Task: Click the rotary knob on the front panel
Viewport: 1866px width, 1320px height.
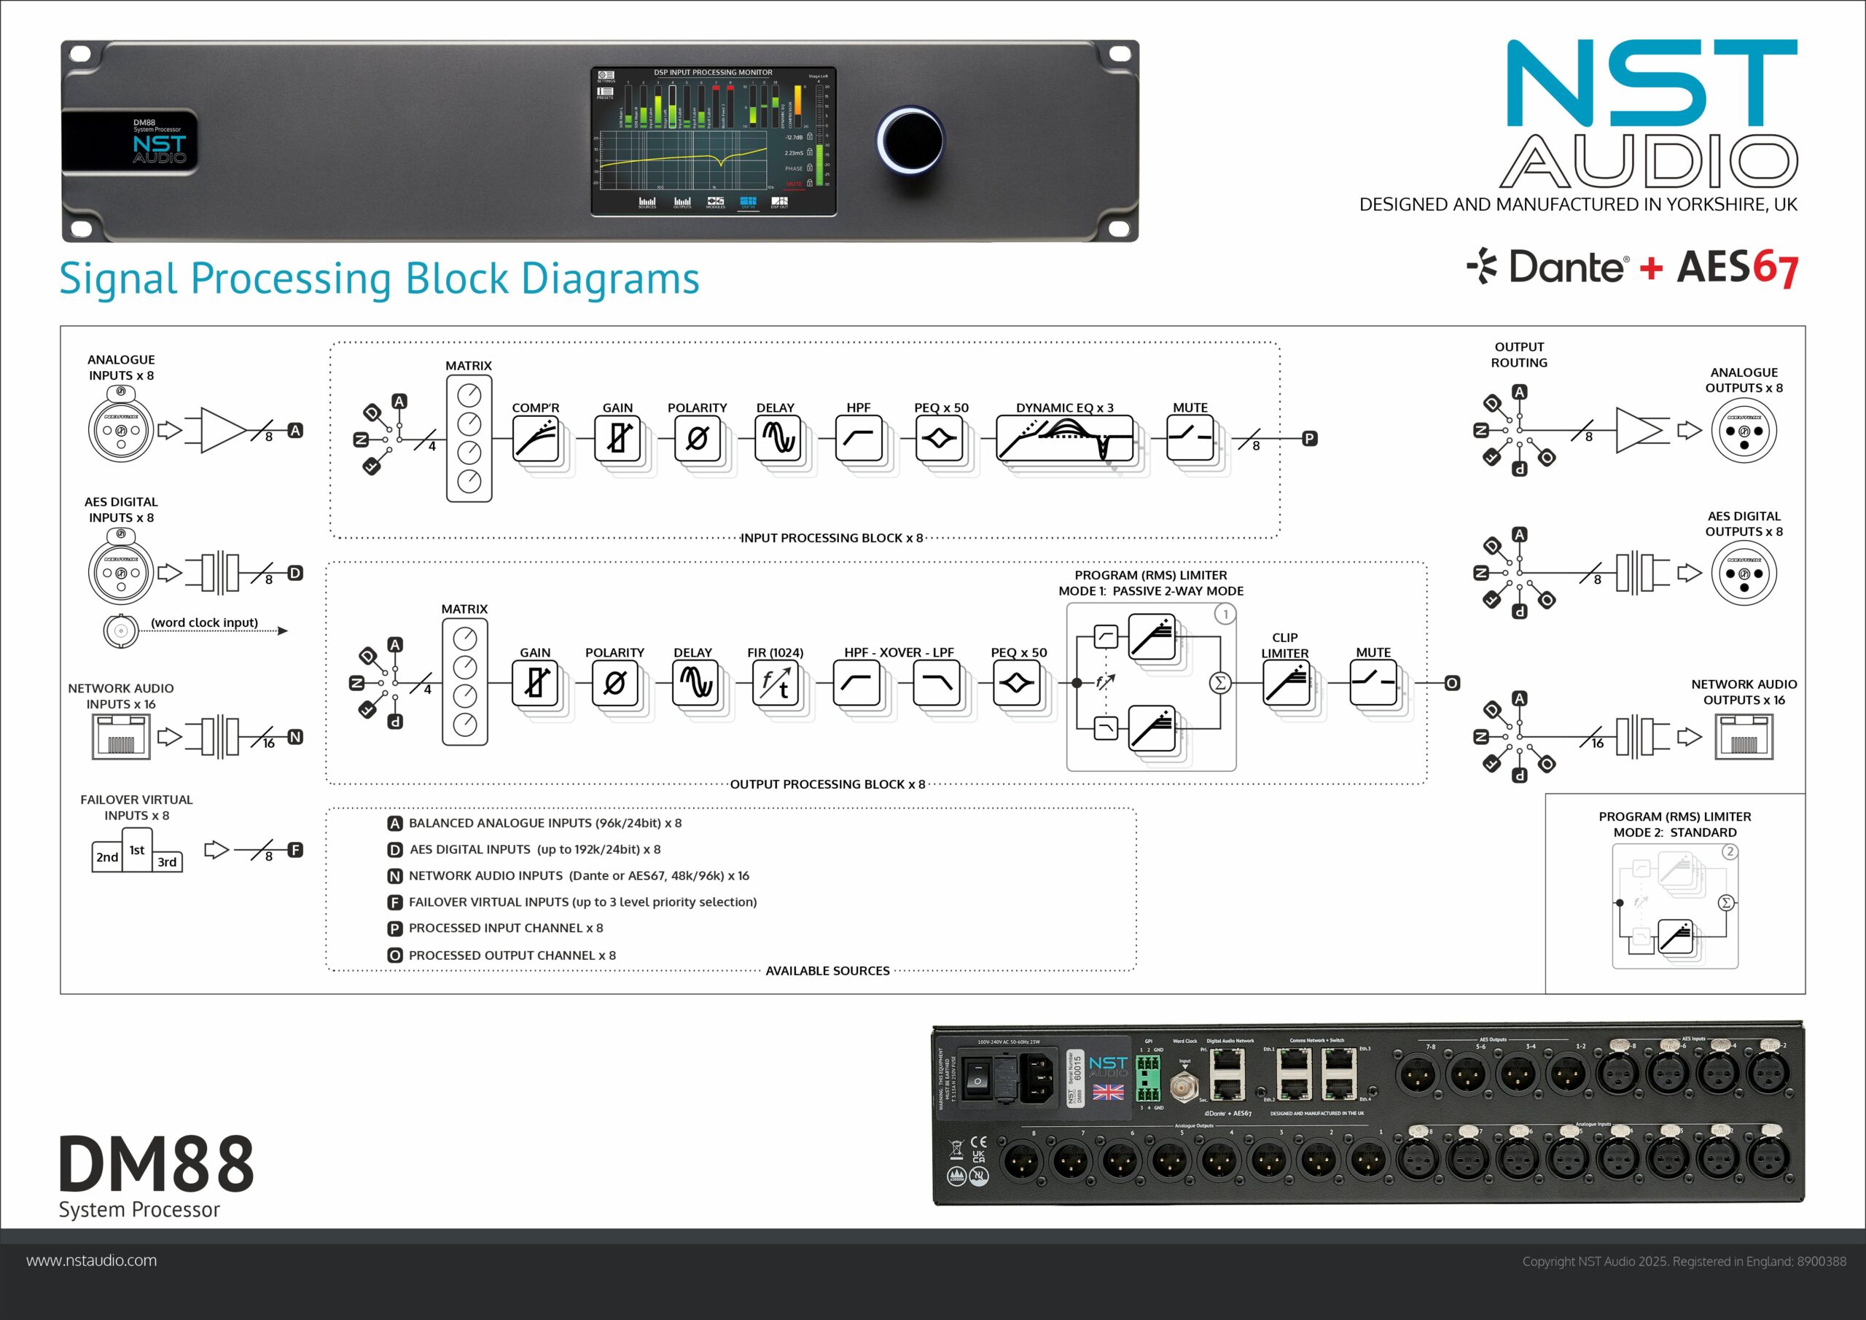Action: [910, 140]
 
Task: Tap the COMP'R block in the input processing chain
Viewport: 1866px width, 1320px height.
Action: [536, 439]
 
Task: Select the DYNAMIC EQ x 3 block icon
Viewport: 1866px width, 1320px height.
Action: [1064, 439]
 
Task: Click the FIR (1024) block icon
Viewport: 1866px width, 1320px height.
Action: [776, 683]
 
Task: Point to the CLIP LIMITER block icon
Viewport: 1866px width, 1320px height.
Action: [1285, 683]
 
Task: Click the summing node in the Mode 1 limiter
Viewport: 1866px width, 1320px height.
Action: [1219, 683]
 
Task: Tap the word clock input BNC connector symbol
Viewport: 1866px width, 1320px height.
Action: [120, 630]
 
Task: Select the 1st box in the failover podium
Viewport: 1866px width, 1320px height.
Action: [136, 850]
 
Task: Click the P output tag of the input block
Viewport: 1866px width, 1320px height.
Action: [1309, 439]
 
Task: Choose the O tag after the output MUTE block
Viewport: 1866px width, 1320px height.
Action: [1451, 683]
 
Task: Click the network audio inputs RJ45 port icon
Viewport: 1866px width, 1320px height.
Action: [121, 737]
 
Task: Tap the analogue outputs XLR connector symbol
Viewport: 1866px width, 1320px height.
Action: [1744, 430]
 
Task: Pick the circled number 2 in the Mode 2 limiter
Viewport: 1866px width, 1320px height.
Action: [1730, 852]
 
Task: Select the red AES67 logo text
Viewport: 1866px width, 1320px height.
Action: [1737, 267]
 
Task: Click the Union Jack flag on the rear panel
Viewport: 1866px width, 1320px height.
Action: [1108, 1092]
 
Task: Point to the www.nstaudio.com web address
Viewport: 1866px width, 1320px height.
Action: [92, 1261]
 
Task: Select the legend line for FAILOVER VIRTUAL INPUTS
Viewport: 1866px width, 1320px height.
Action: [582, 902]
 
